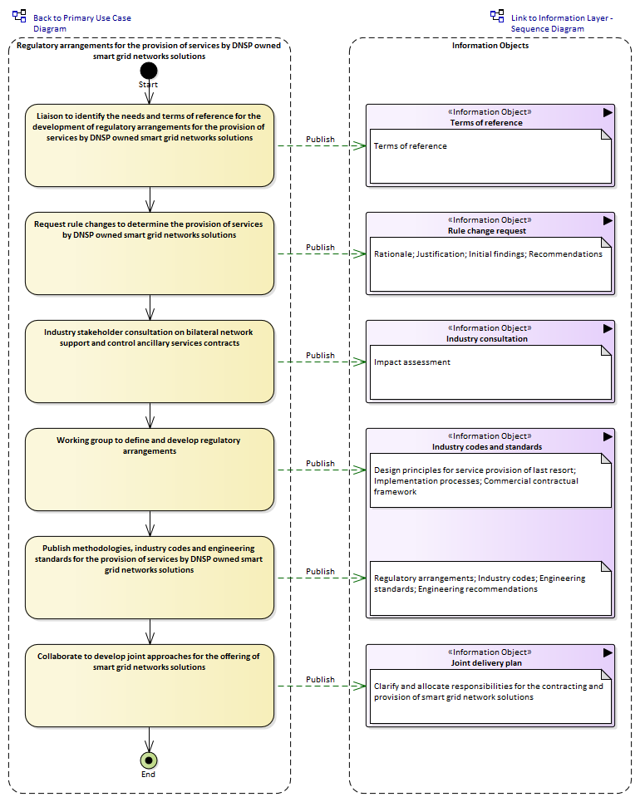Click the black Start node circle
coord(148,71)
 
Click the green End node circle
coord(149,760)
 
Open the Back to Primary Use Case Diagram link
coord(81,23)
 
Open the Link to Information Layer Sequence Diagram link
coord(562,23)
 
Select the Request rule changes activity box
coord(150,253)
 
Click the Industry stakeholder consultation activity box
coord(150,362)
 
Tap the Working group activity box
coord(150,470)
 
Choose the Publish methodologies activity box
coord(150,578)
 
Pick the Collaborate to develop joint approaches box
coord(150,686)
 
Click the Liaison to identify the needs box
coord(150,145)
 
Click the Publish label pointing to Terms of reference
coord(320,140)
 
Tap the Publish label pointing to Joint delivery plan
coord(320,680)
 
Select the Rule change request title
coord(487,231)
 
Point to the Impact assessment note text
coord(412,362)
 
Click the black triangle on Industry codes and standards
coord(608,436)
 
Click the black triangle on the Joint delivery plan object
coord(608,652)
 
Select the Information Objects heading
coord(490,46)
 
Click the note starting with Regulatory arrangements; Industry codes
coord(490,588)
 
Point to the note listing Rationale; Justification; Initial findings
coord(490,264)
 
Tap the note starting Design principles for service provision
coord(490,480)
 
